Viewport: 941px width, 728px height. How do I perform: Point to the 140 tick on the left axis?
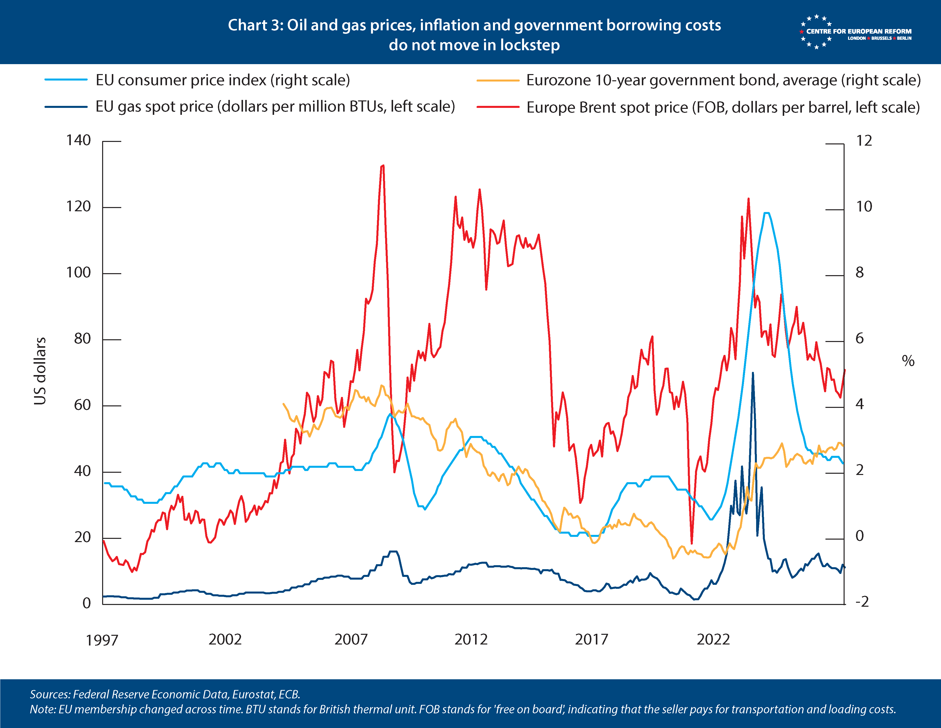[79, 140]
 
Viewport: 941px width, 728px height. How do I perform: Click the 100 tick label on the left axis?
[79, 273]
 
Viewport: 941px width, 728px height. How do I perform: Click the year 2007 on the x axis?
[351, 639]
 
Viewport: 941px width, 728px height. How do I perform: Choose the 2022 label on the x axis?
[713, 639]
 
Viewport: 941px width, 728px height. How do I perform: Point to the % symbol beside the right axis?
[908, 361]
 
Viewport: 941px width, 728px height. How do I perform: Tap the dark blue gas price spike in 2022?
[752, 373]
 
